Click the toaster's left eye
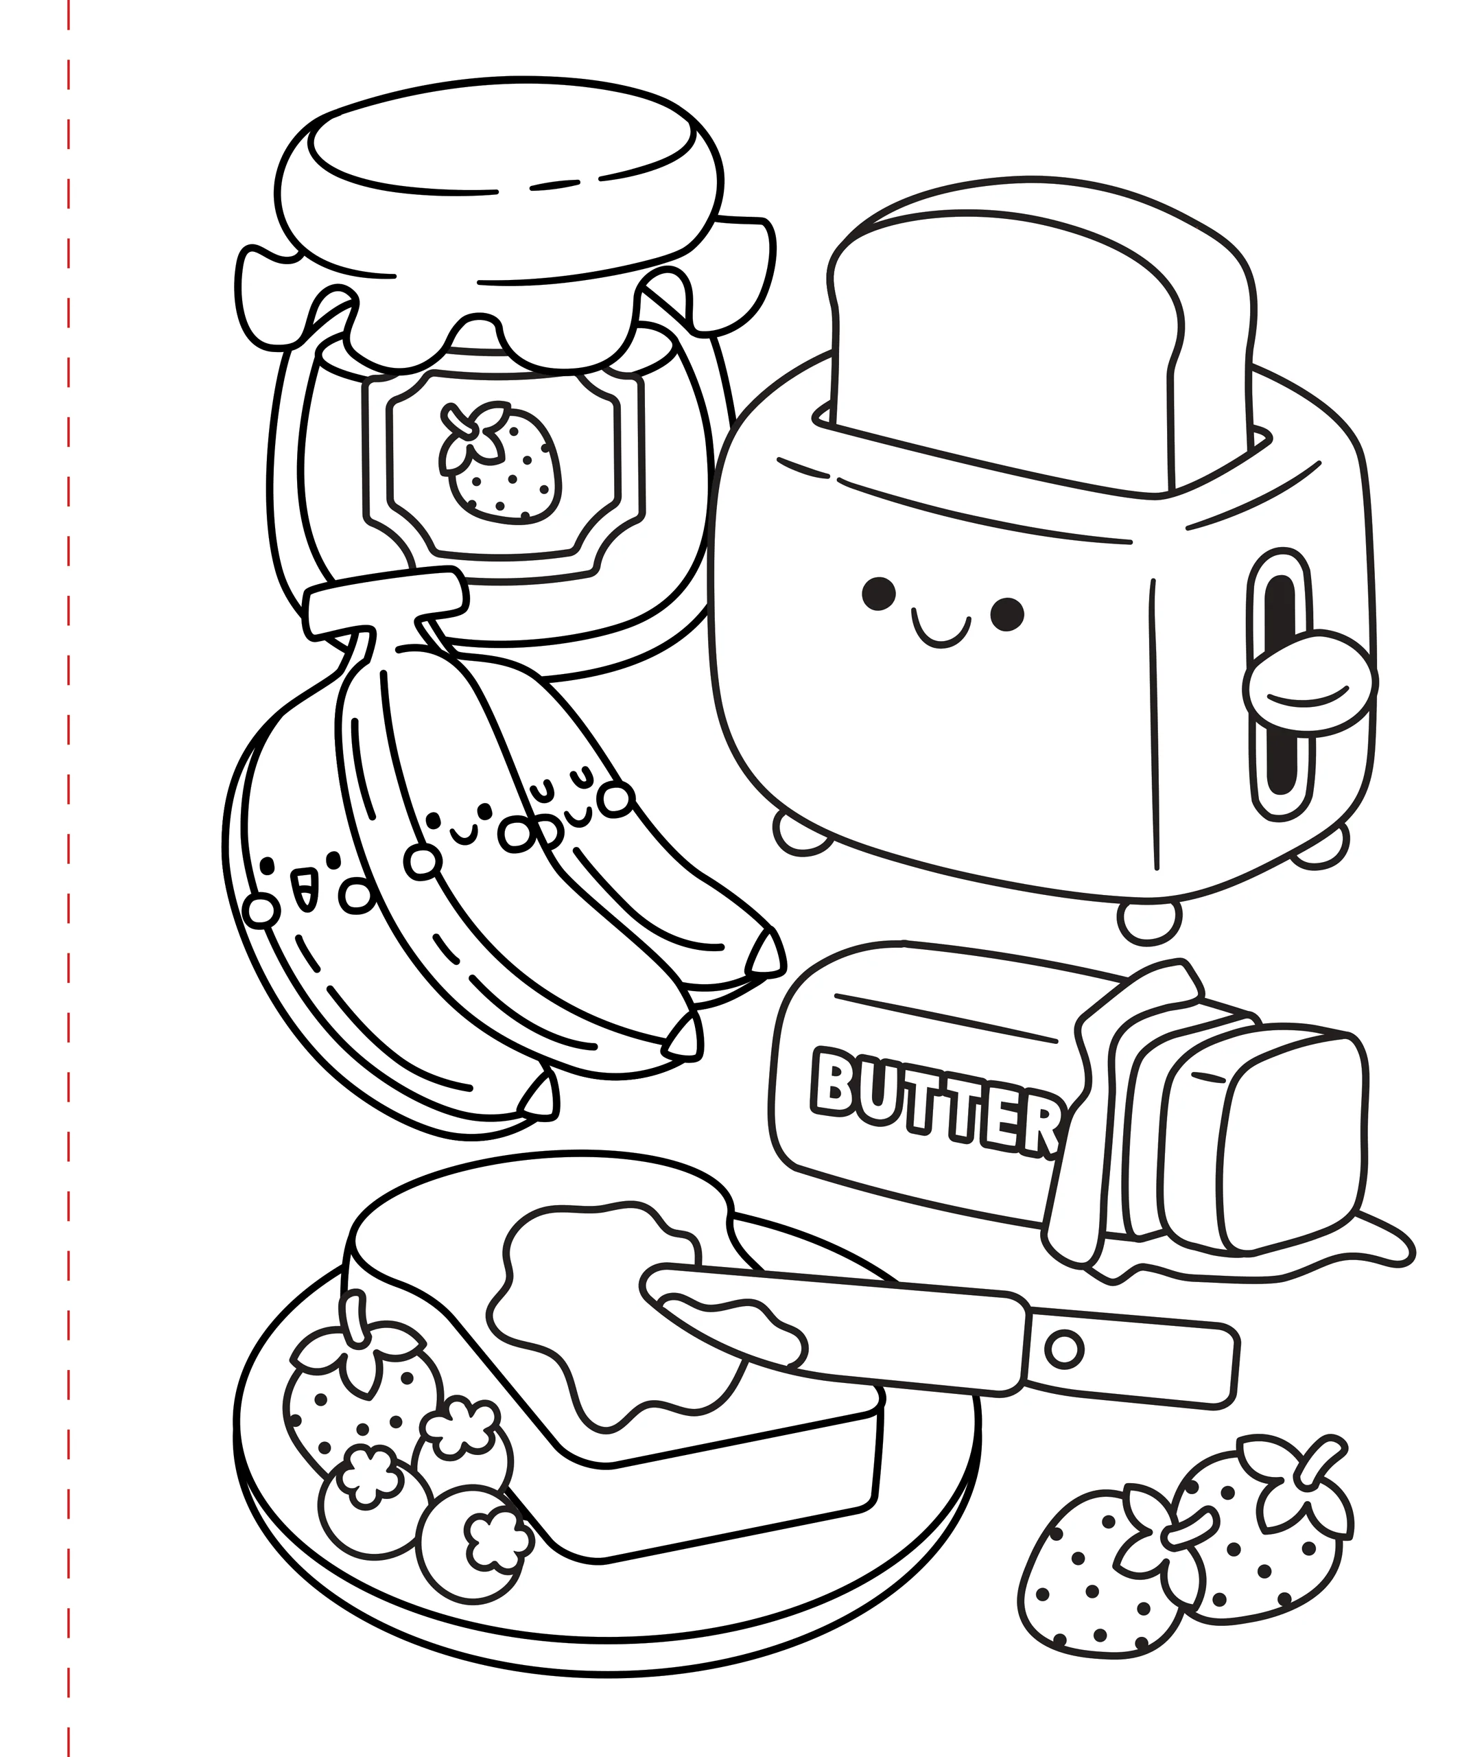[x=878, y=594]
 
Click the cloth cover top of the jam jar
[x=502, y=226]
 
